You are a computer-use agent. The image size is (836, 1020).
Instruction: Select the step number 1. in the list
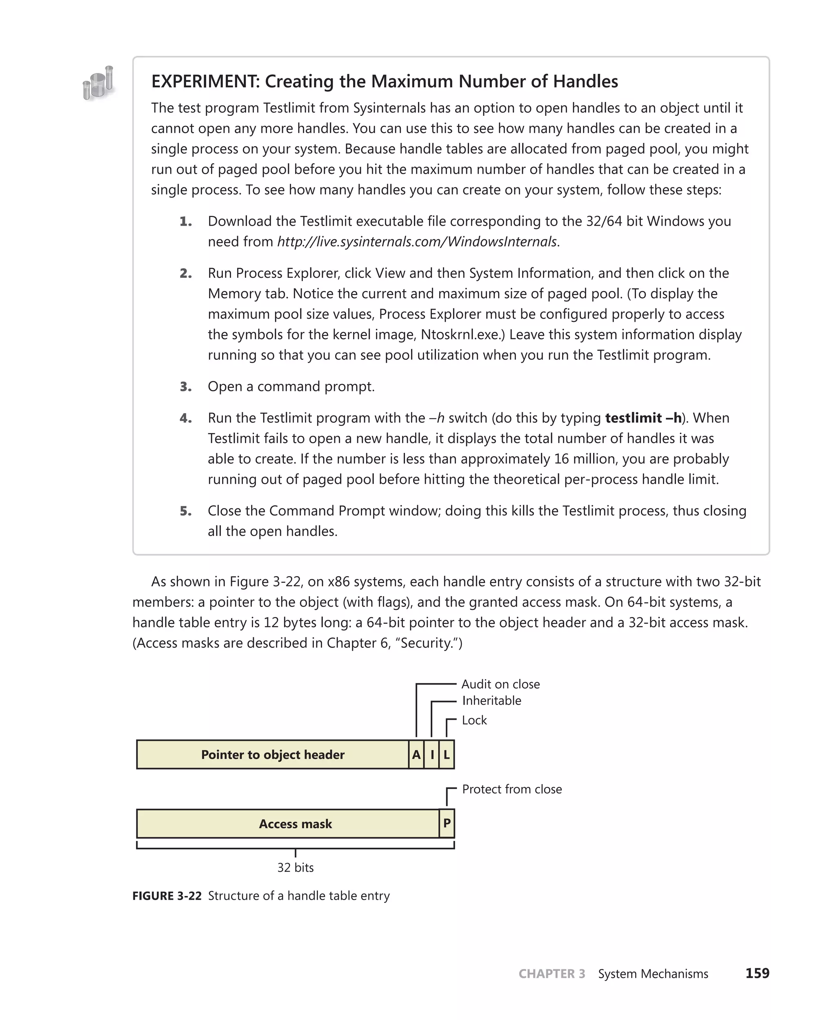coord(186,222)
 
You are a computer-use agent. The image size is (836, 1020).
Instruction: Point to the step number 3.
coord(186,387)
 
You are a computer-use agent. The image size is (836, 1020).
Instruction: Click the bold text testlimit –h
coord(643,418)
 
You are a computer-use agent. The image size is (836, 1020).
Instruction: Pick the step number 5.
coord(186,511)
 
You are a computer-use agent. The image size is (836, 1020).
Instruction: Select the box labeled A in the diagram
coord(416,755)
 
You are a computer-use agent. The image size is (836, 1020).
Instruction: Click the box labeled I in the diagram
coord(432,755)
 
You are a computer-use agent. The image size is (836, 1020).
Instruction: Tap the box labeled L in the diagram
coord(447,755)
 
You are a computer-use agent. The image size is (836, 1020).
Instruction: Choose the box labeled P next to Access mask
coord(447,824)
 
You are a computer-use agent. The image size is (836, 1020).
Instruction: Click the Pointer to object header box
coord(273,755)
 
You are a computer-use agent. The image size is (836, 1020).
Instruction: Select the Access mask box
coord(295,824)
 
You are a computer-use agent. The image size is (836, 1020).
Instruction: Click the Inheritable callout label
coord(491,701)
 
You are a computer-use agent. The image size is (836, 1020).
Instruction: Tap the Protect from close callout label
coord(511,789)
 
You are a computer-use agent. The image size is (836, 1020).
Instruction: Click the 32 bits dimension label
coord(295,868)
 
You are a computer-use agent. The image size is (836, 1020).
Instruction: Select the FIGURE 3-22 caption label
coord(167,896)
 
